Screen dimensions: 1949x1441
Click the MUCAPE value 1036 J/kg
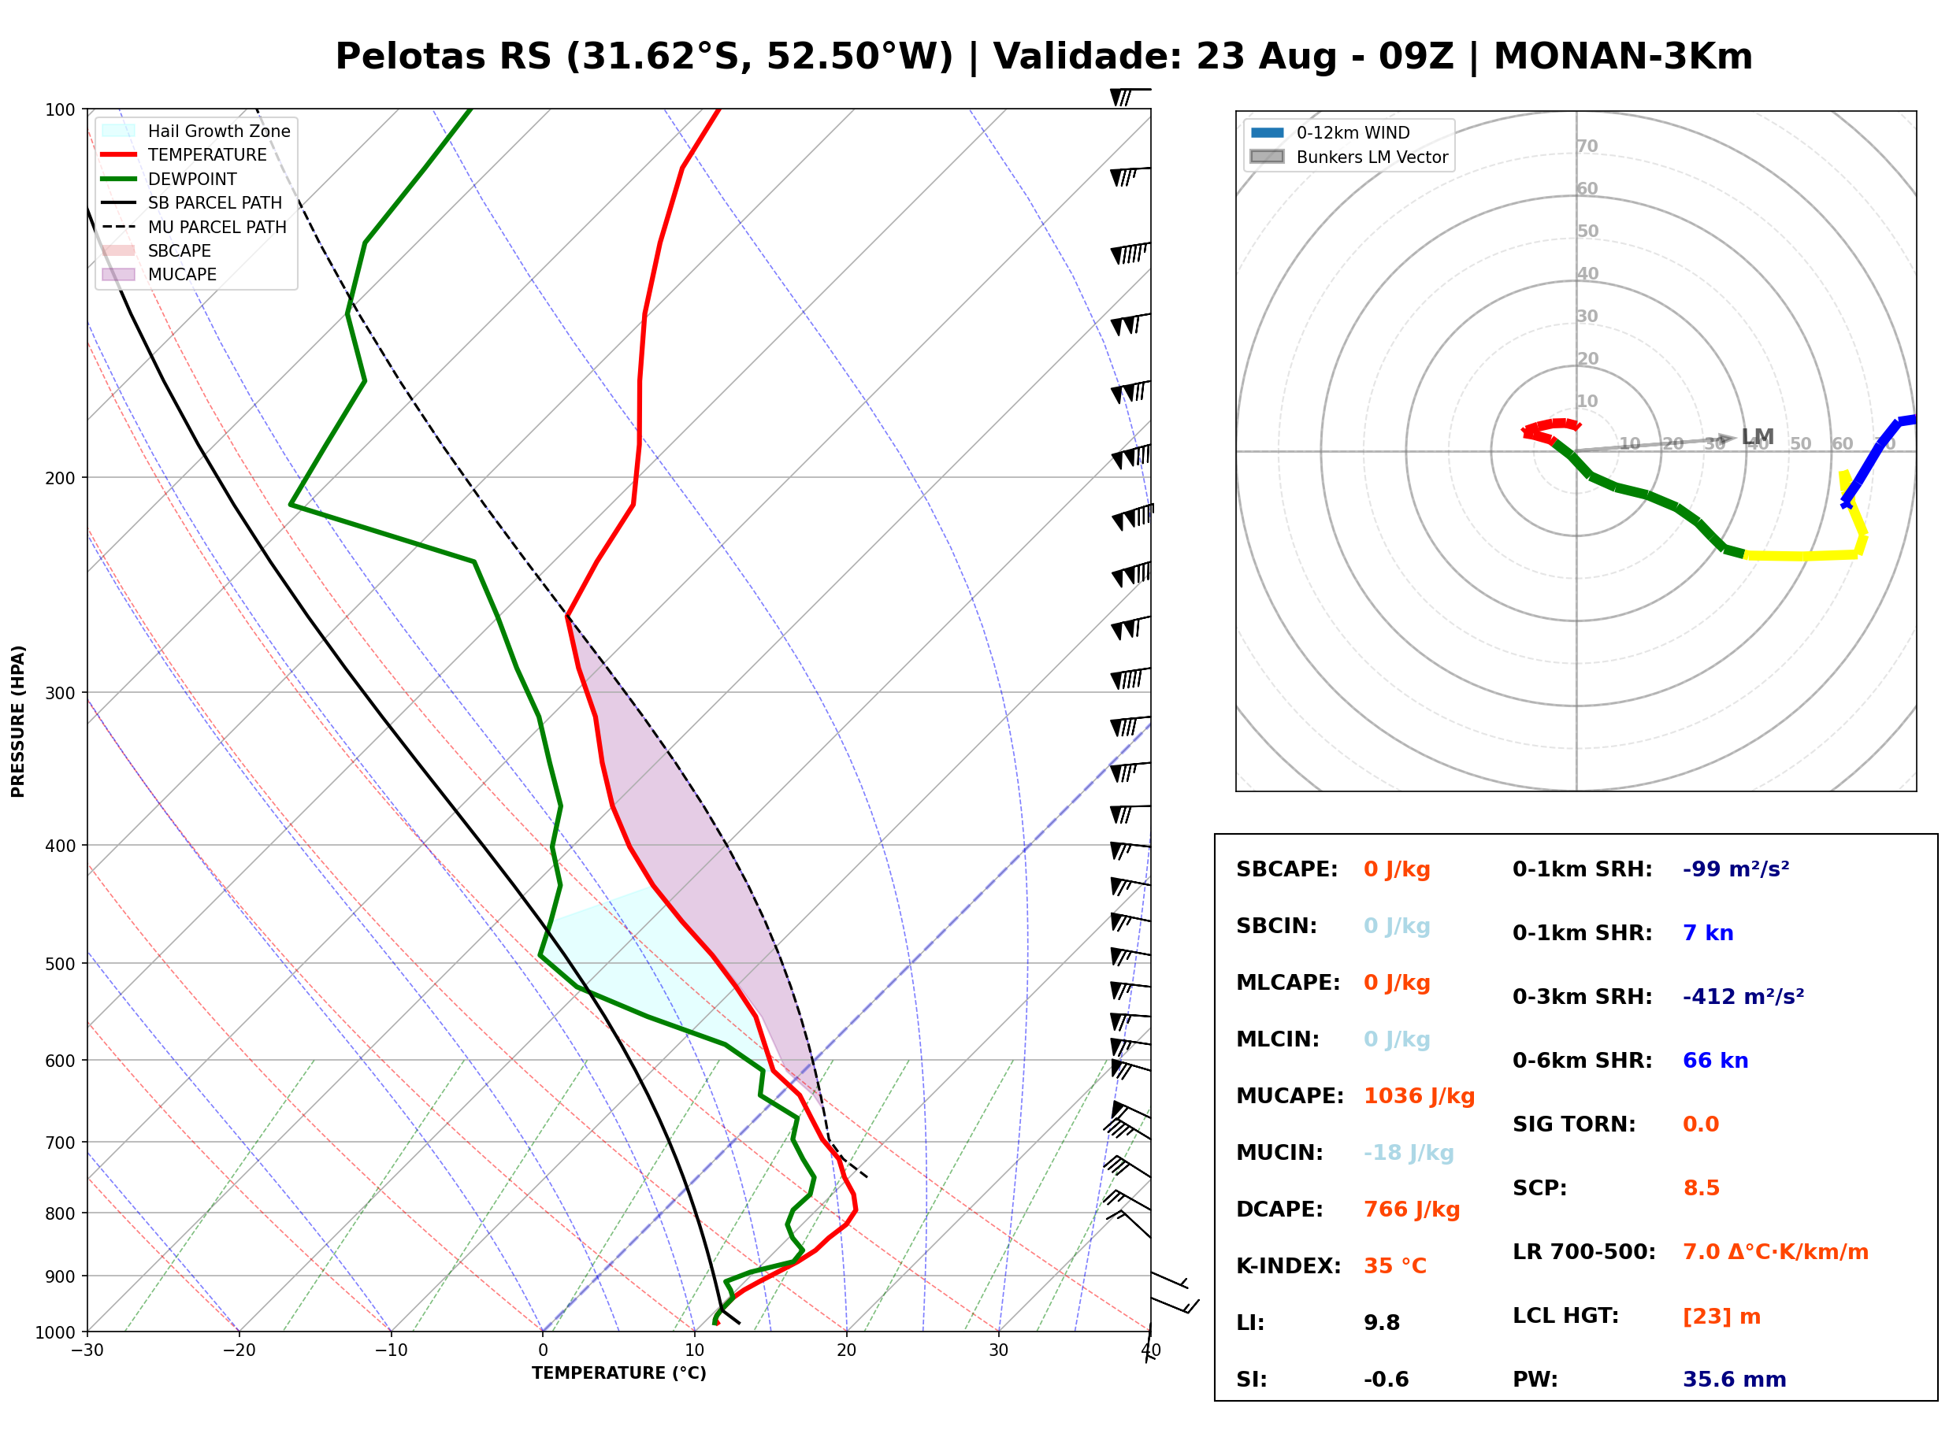tap(1419, 1095)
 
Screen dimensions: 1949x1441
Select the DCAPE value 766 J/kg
tap(1412, 1209)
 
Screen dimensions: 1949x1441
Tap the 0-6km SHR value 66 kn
tap(1715, 1061)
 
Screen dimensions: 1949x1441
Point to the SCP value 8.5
tap(1701, 1188)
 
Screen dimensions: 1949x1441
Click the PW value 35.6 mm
tap(1735, 1379)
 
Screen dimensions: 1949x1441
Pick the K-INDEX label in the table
tap(1289, 1265)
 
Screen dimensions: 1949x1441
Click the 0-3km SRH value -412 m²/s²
tap(1743, 996)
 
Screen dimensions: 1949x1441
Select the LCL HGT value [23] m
tap(1721, 1317)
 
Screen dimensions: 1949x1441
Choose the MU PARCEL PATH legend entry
tap(194, 227)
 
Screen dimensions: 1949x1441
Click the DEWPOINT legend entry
tap(169, 179)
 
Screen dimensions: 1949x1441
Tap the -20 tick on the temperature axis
tap(238, 1350)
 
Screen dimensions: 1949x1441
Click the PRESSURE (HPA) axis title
tap(17, 721)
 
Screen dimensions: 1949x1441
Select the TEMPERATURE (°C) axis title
tap(618, 1373)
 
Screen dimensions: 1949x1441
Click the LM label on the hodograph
tap(1757, 436)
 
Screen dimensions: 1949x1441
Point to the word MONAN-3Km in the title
tap(1623, 57)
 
